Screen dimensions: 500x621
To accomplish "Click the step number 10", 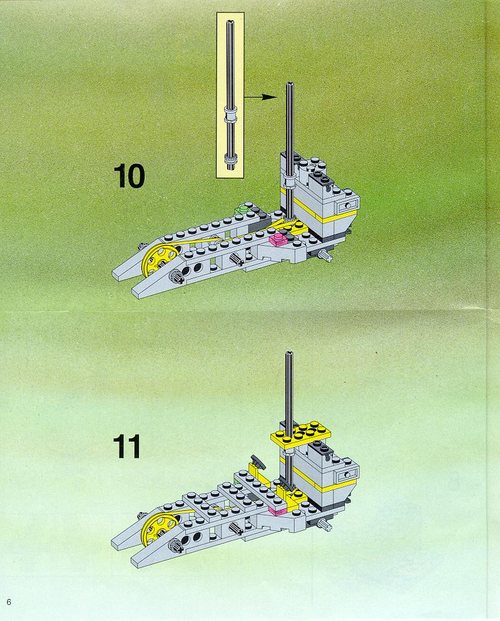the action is [x=129, y=176].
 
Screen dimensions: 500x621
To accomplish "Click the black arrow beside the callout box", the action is [x=260, y=97].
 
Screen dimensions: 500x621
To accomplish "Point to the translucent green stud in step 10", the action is [x=242, y=209].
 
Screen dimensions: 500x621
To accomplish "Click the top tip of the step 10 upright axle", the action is [x=290, y=84].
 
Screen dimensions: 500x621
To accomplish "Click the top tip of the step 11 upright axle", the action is [x=289, y=353].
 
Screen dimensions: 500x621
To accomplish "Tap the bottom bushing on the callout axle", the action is [x=230, y=159].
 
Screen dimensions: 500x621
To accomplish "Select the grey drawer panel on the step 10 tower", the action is [x=347, y=205].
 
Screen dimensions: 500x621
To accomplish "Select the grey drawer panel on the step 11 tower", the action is [x=347, y=475].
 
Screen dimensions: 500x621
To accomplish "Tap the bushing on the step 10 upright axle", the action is [x=290, y=181].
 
